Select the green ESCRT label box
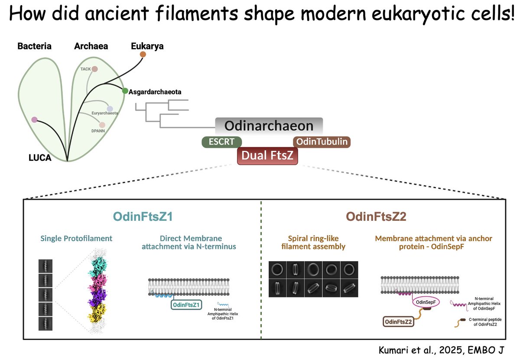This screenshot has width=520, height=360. (x=222, y=141)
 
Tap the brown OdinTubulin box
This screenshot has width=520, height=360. (x=322, y=141)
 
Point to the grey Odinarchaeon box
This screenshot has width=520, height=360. (x=269, y=126)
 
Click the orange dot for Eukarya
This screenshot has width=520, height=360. (x=143, y=54)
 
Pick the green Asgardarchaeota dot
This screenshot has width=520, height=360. (x=125, y=91)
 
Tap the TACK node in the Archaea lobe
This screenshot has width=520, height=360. (x=94, y=69)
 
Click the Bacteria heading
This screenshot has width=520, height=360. (x=35, y=46)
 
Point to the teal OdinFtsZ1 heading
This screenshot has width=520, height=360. (x=143, y=216)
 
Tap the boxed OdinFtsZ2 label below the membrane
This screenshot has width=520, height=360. (x=397, y=321)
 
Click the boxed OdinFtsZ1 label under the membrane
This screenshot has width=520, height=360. (x=186, y=305)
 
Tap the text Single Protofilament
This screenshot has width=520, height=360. (x=76, y=238)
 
